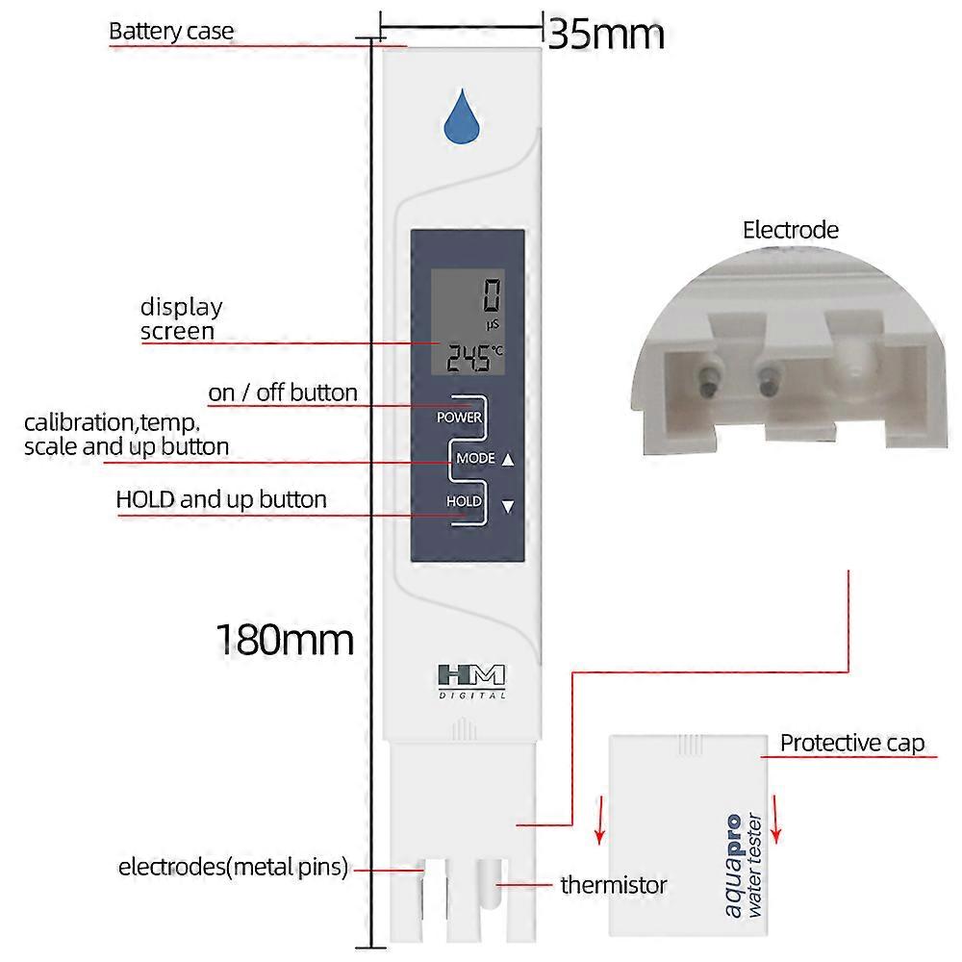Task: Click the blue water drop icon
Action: (462, 119)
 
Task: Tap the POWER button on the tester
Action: (459, 418)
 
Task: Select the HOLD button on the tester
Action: (463, 501)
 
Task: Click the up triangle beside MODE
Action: (508, 459)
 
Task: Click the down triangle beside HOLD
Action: (508, 506)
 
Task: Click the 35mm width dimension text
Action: (606, 35)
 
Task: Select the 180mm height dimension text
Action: (284, 639)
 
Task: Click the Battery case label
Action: (171, 31)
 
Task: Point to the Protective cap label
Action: (851, 743)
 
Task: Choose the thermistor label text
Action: (614, 884)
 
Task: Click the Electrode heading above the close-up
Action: (791, 230)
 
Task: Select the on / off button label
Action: (283, 392)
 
